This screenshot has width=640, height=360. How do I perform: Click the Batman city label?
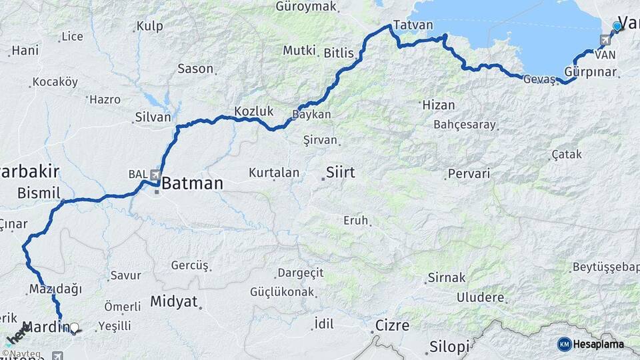tap(191, 183)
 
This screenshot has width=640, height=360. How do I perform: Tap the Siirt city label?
tap(340, 173)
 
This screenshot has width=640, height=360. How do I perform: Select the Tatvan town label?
tap(413, 25)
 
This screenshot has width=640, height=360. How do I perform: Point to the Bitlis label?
tap(339, 53)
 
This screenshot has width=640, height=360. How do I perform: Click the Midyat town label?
tap(174, 301)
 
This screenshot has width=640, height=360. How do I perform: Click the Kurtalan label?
tap(274, 173)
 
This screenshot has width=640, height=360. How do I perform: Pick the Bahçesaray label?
tap(465, 125)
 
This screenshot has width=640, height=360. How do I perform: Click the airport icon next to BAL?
tap(155, 175)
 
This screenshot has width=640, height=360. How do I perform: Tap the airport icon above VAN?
tap(605, 40)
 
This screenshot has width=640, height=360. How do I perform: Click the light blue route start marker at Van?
tap(617, 27)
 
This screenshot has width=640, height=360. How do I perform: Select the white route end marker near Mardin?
tap(75, 328)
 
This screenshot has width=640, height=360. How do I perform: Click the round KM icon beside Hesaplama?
tap(564, 344)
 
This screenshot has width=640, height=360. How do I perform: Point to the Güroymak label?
tap(306, 7)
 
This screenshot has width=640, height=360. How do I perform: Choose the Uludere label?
tap(481, 297)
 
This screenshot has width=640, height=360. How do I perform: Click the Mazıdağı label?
tap(55, 289)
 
